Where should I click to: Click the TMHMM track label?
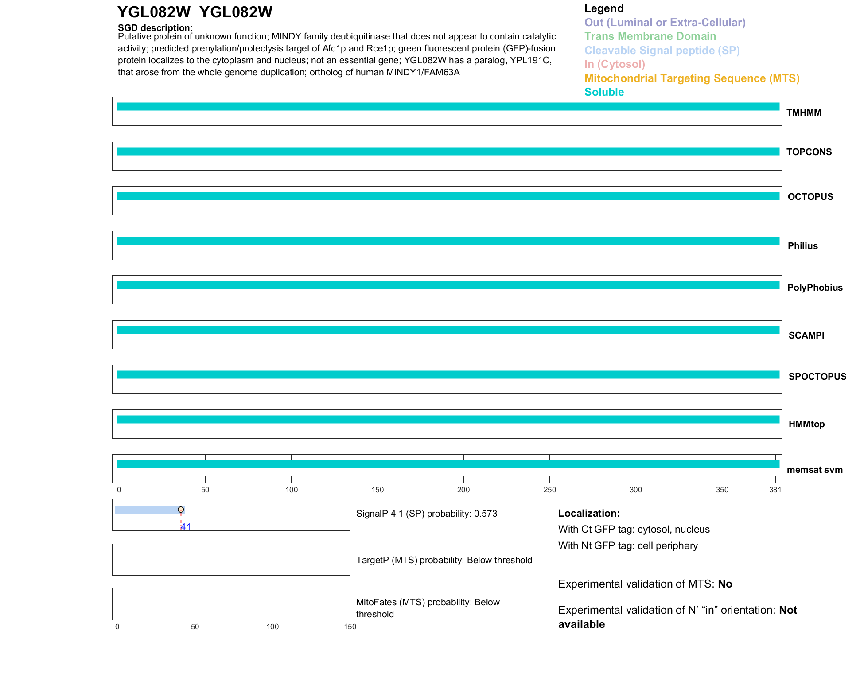tap(803, 113)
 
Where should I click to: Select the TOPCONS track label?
tap(809, 152)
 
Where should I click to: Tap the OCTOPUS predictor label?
tap(810, 197)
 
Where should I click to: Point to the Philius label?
tap(802, 246)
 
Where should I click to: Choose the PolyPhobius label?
tap(814, 288)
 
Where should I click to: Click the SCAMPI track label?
tap(806, 335)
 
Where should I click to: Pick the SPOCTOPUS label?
tap(817, 377)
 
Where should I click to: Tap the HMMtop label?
tap(806, 424)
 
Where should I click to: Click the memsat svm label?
tap(814, 470)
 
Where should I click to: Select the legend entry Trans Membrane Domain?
tap(650, 36)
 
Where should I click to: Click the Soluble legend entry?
tap(604, 92)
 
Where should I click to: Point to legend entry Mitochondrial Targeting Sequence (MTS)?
tap(692, 78)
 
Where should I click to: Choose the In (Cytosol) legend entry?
tap(615, 64)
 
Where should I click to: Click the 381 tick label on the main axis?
tap(775, 490)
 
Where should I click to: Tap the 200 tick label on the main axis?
tap(463, 490)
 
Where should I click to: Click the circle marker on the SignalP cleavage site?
tap(181, 510)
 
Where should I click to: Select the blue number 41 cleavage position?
tap(186, 527)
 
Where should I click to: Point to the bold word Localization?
tap(589, 513)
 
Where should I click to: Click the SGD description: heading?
tap(155, 27)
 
